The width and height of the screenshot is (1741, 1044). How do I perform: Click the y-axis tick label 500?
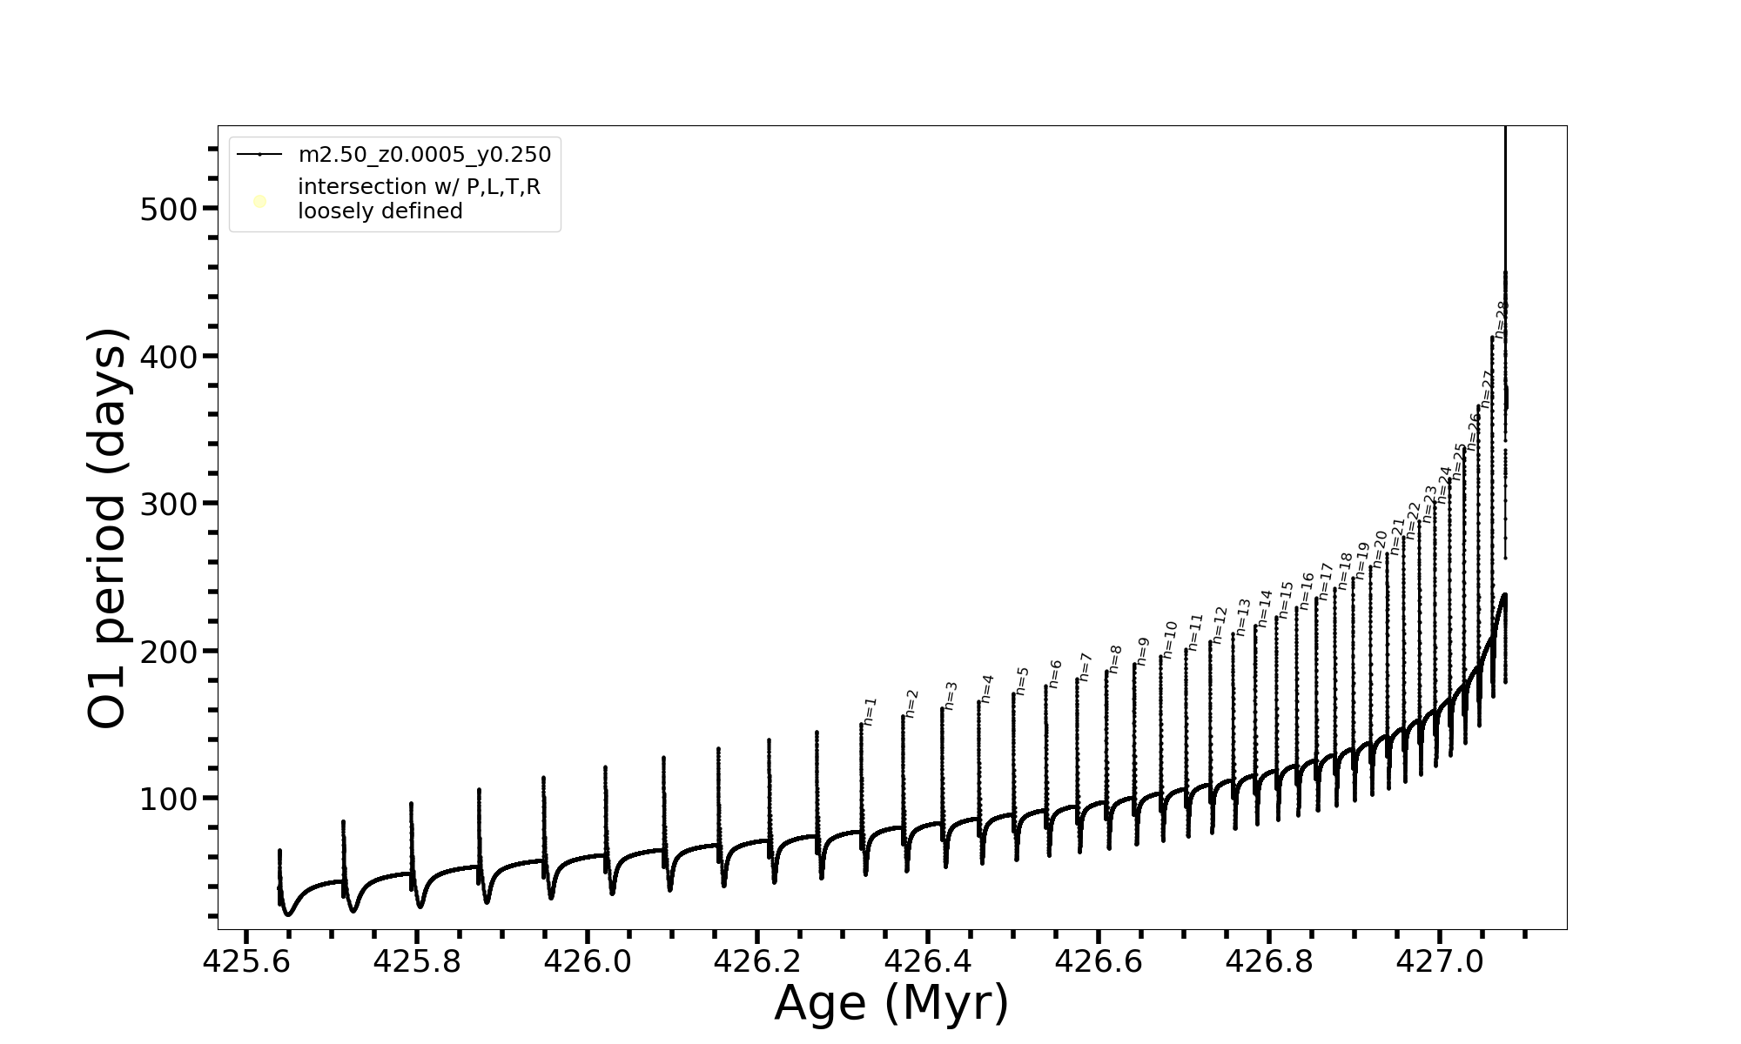tap(167, 209)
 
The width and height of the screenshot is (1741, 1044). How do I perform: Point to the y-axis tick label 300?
tap(167, 504)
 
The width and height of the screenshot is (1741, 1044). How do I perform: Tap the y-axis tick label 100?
tap(167, 799)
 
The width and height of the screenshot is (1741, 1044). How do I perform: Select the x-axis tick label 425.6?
tap(245, 961)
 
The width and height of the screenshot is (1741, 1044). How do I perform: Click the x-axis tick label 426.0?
tap(587, 961)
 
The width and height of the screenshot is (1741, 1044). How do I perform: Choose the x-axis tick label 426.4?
tap(928, 961)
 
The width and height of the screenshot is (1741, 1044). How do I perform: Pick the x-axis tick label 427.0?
tap(1439, 961)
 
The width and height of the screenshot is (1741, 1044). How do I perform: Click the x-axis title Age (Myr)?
tap(891, 1003)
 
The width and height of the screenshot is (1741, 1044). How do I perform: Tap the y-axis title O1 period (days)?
tap(109, 528)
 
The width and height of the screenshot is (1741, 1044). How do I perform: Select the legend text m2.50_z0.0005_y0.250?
tap(425, 155)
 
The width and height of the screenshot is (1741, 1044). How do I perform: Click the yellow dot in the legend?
tap(259, 202)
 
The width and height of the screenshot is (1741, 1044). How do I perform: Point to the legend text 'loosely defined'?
tap(380, 211)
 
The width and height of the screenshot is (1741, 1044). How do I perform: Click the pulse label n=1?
tap(870, 711)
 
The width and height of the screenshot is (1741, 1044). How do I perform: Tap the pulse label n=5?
tap(1022, 680)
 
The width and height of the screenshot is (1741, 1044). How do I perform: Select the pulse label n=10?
tap(1169, 639)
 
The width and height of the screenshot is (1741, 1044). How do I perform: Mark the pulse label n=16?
tap(1307, 591)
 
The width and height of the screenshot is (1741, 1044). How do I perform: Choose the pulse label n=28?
tap(1501, 319)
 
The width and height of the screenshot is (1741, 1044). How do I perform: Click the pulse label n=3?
tap(951, 695)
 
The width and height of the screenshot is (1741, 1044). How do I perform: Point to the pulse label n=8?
tap(1115, 659)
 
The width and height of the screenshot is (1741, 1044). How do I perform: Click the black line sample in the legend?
tap(259, 155)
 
